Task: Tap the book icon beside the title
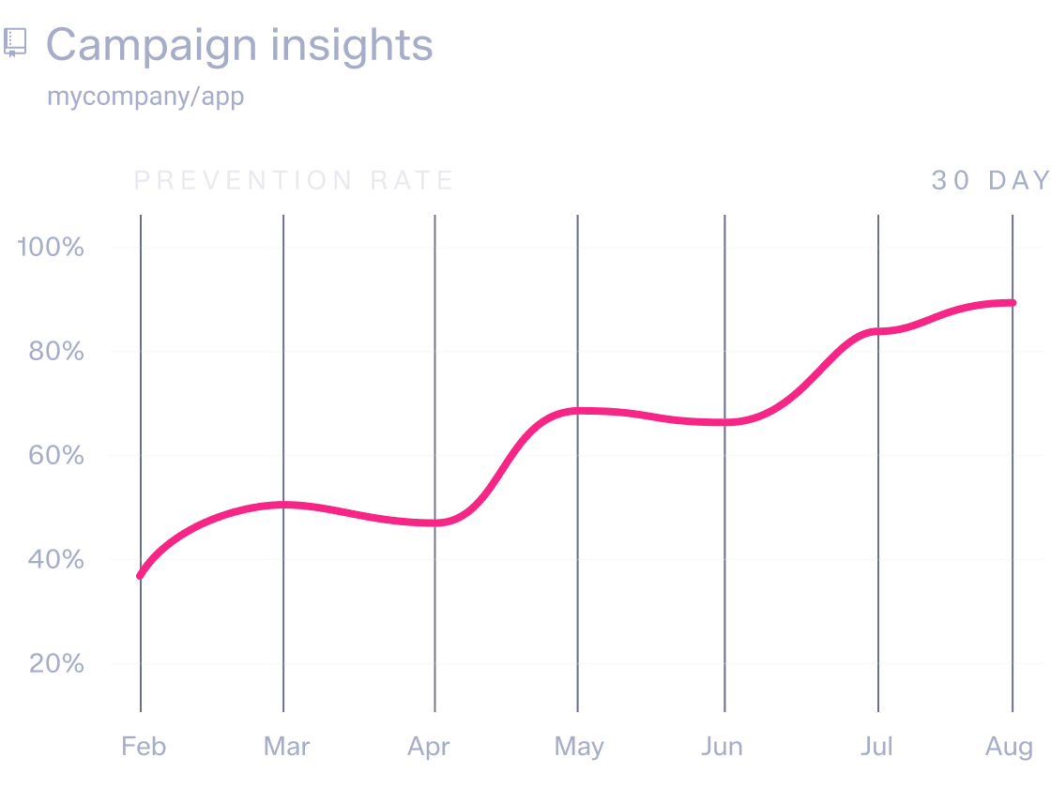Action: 16,43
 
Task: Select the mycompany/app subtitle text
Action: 145,97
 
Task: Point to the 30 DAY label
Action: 990,180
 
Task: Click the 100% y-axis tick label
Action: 52,248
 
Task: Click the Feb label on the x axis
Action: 144,747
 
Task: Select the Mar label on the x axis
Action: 286,747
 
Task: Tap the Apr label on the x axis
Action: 429,747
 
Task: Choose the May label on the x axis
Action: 579,747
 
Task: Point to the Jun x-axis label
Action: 722,747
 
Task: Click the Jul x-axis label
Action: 876,747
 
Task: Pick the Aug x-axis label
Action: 1009,747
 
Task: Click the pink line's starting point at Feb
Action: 141,576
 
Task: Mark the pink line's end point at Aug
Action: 1013,303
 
